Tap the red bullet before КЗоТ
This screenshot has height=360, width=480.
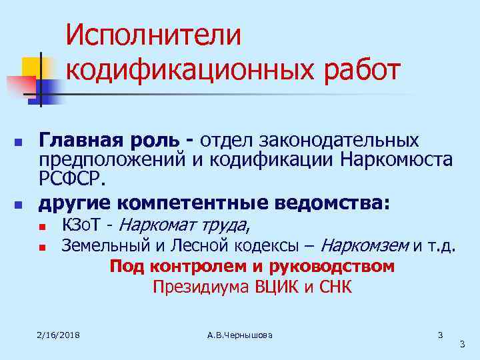[42, 225]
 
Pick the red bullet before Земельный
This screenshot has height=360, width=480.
[42, 248]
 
